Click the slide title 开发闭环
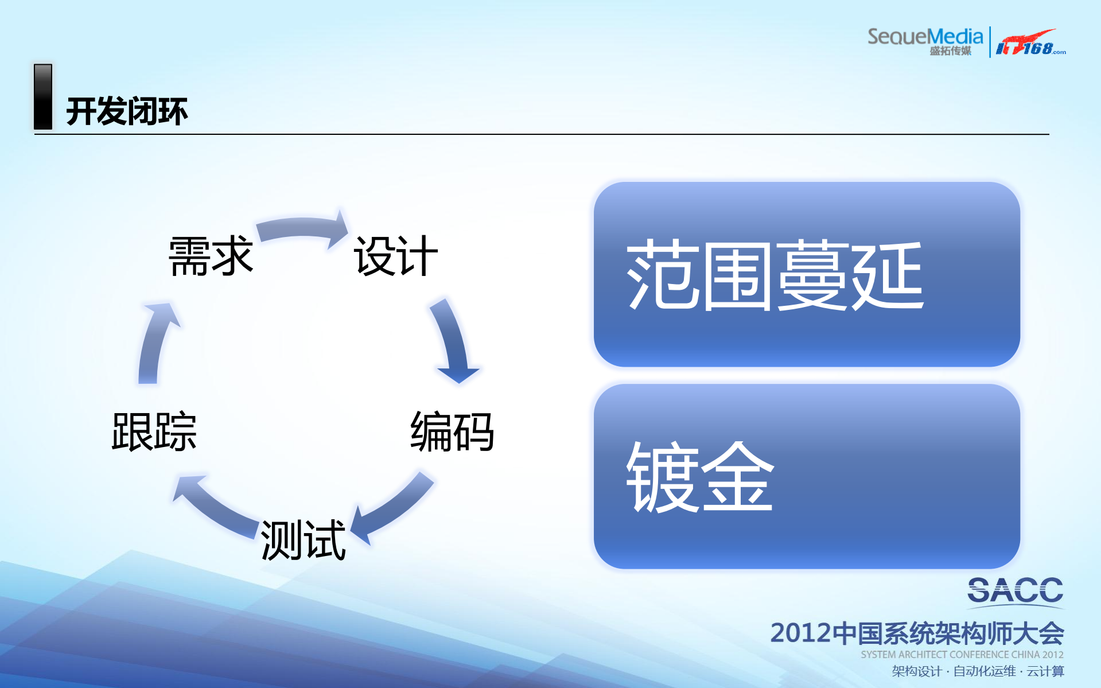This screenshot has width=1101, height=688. pyautogui.click(x=126, y=111)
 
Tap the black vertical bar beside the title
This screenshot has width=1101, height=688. pyautogui.click(x=43, y=96)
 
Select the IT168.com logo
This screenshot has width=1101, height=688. pyautogui.click(x=1030, y=43)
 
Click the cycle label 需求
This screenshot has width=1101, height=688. pyautogui.click(x=211, y=256)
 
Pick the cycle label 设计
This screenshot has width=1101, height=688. pyautogui.click(x=395, y=256)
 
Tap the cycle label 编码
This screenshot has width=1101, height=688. pyautogui.click(x=452, y=432)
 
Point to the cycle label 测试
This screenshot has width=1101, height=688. pyautogui.click(x=303, y=540)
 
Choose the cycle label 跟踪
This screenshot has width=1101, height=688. pyautogui.click(x=154, y=432)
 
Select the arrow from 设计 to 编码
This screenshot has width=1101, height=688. pyautogui.click(x=453, y=341)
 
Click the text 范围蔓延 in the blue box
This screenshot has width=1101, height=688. pyautogui.click(x=775, y=275)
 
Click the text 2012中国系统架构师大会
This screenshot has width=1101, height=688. pyautogui.click(x=916, y=633)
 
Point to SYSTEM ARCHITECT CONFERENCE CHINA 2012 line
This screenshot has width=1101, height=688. pyautogui.click(x=962, y=655)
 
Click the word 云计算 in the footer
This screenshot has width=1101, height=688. pyautogui.click(x=1045, y=671)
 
